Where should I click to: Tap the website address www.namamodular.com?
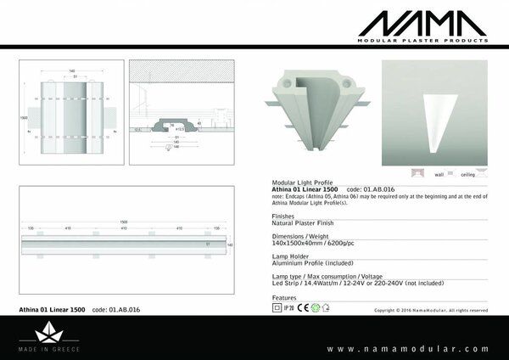click(408, 348)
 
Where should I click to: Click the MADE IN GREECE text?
click(52, 349)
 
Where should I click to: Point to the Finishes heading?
click(284, 217)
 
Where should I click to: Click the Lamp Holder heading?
click(289, 256)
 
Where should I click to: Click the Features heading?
click(284, 298)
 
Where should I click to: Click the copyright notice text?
click(431, 311)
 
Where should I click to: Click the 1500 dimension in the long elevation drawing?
click(124, 222)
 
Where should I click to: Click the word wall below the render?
click(439, 173)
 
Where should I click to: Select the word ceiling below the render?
click(467, 173)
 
